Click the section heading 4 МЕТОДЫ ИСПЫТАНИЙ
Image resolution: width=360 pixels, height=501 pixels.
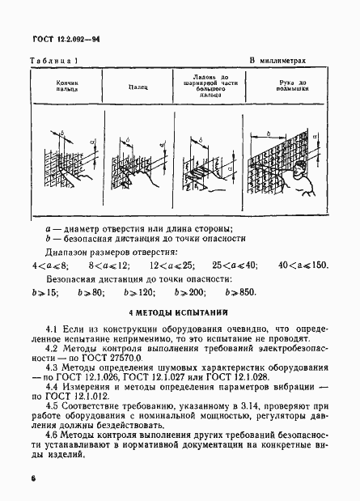coord(179,312)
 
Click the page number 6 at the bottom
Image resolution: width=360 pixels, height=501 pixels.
coord(33,479)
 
